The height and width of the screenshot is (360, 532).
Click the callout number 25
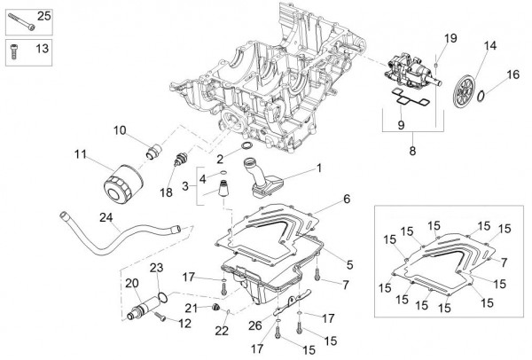pyautogui.click(x=43, y=14)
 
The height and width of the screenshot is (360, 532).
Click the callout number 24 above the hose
pyautogui.click(x=106, y=217)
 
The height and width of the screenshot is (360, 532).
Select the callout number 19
pyautogui.click(x=450, y=37)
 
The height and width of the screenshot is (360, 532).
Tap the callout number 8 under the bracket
pyautogui.click(x=411, y=151)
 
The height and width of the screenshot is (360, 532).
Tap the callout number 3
pyautogui.click(x=185, y=186)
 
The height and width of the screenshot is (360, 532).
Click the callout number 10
pyautogui.click(x=120, y=130)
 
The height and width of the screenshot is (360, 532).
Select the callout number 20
pyautogui.click(x=132, y=285)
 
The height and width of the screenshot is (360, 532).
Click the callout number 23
pyautogui.click(x=156, y=267)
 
